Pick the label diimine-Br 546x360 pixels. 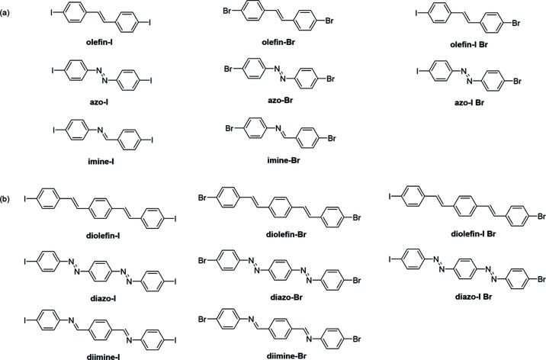[294, 342]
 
